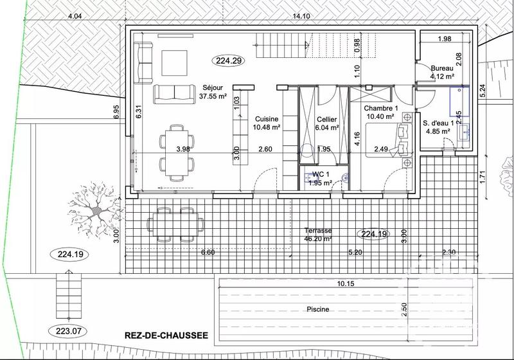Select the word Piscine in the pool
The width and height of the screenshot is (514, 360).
pos(317,309)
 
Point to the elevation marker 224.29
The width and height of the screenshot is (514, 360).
pos(229,61)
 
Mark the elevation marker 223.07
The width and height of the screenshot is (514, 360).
pos(66,332)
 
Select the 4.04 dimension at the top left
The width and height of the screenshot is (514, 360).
pos(75,16)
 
